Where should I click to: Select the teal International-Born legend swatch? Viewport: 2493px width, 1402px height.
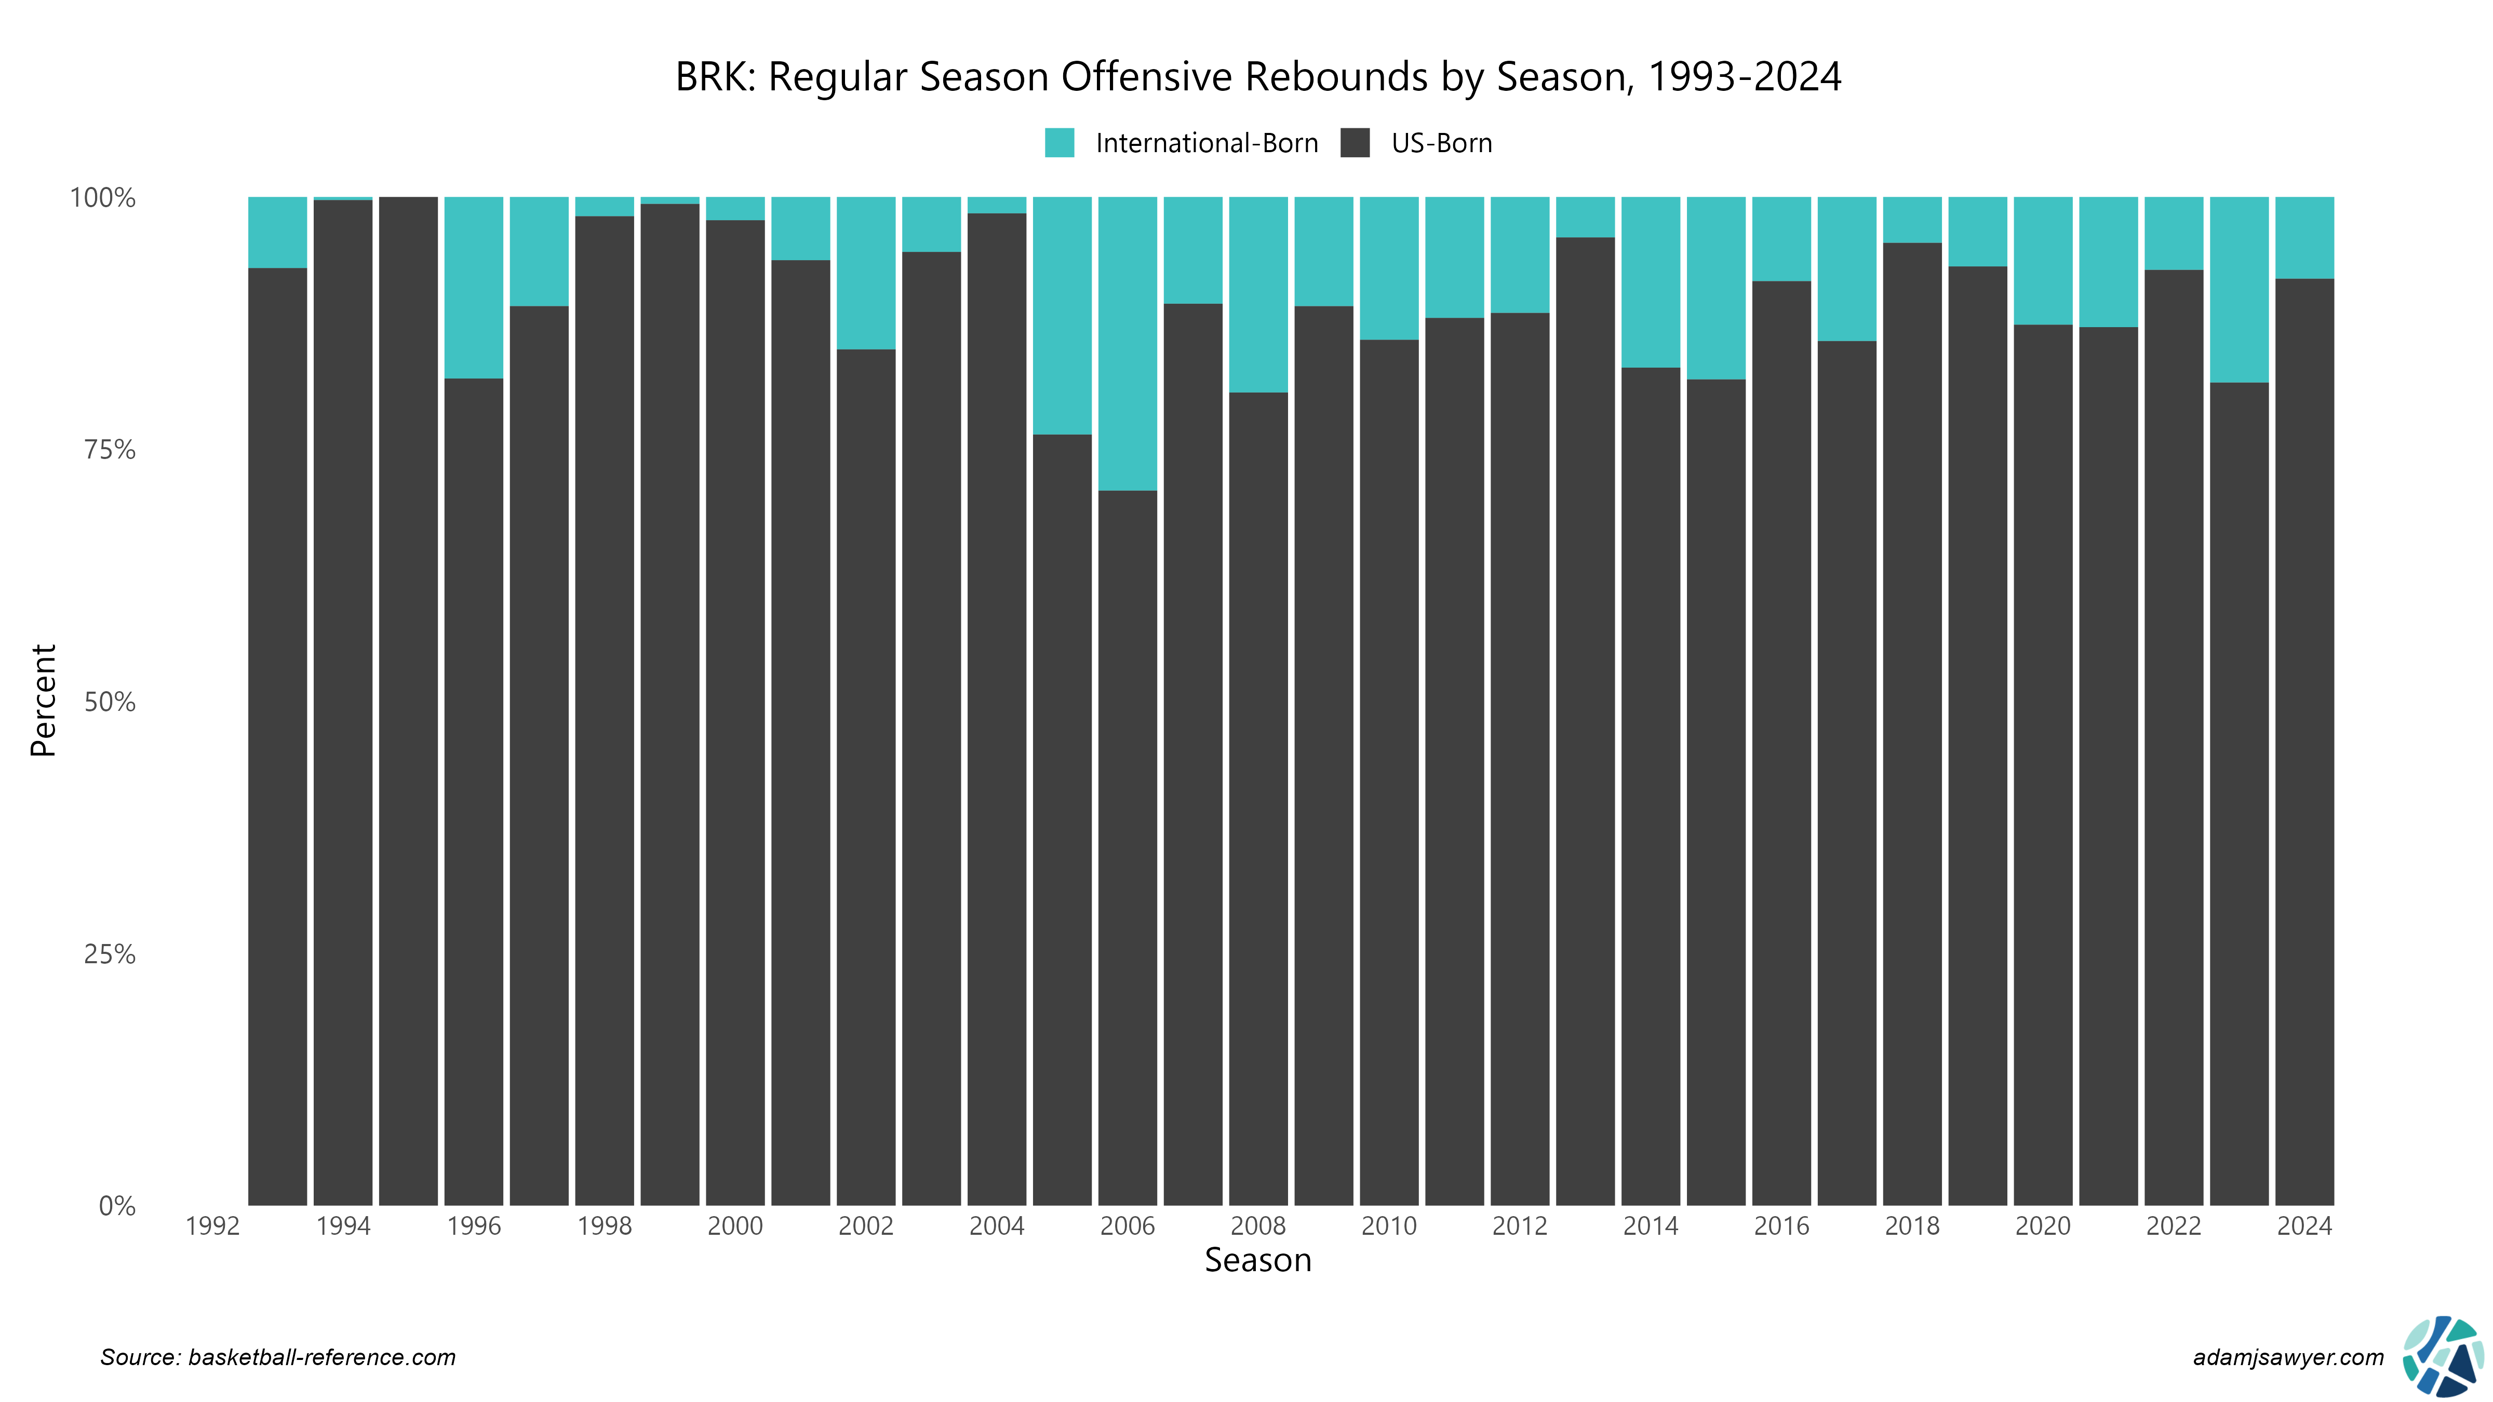[1060, 143]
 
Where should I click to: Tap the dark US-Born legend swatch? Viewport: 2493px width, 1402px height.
[1355, 143]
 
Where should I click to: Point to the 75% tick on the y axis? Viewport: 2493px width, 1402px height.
[110, 450]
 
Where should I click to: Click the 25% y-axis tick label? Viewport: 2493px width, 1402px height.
[110, 954]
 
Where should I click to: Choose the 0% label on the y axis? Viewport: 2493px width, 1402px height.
[116, 1206]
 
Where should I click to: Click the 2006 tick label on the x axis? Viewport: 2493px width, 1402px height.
[1128, 1226]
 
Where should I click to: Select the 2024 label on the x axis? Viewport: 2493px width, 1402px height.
[2304, 1226]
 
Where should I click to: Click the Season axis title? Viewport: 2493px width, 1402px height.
[1257, 1260]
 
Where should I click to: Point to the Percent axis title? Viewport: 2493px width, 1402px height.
[44, 700]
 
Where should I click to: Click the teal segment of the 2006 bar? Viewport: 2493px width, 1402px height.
[1128, 343]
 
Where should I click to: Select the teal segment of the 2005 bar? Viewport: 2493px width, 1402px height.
[1062, 315]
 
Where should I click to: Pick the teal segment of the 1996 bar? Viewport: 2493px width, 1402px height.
[473, 287]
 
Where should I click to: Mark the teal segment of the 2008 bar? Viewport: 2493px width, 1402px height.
[1258, 294]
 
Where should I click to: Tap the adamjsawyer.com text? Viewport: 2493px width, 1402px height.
[2288, 1357]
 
